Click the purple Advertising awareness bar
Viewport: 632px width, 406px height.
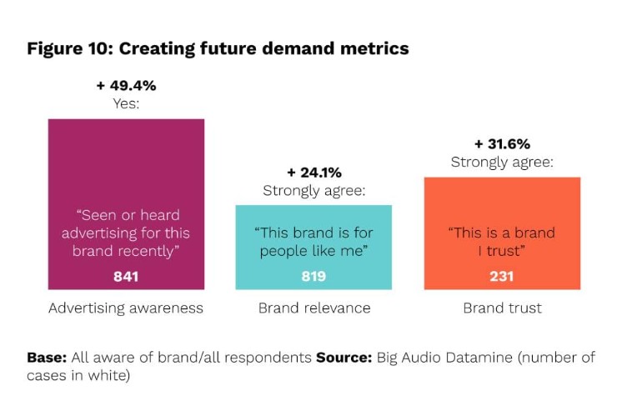tap(126, 167)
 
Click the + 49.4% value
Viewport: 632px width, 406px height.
tap(125, 86)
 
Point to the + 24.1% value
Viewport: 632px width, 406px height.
tap(313, 173)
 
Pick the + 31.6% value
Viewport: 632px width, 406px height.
tap(501, 143)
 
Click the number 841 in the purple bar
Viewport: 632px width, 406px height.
tap(126, 277)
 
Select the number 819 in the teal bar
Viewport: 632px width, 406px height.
tap(313, 277)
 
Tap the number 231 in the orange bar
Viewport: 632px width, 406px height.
tap(501, 277)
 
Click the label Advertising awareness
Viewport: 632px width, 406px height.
tap(126, 308)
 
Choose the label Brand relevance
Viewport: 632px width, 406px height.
tap(313, 308)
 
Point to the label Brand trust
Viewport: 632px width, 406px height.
tap(502, 308)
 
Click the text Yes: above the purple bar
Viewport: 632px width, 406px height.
tap(125, 104)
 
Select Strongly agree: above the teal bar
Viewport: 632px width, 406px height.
tap(314, 191)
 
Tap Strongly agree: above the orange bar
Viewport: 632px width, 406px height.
tap(502, 162)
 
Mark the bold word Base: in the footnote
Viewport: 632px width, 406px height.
tap(46, 358)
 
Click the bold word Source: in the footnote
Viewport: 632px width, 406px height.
tap(344, 358)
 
